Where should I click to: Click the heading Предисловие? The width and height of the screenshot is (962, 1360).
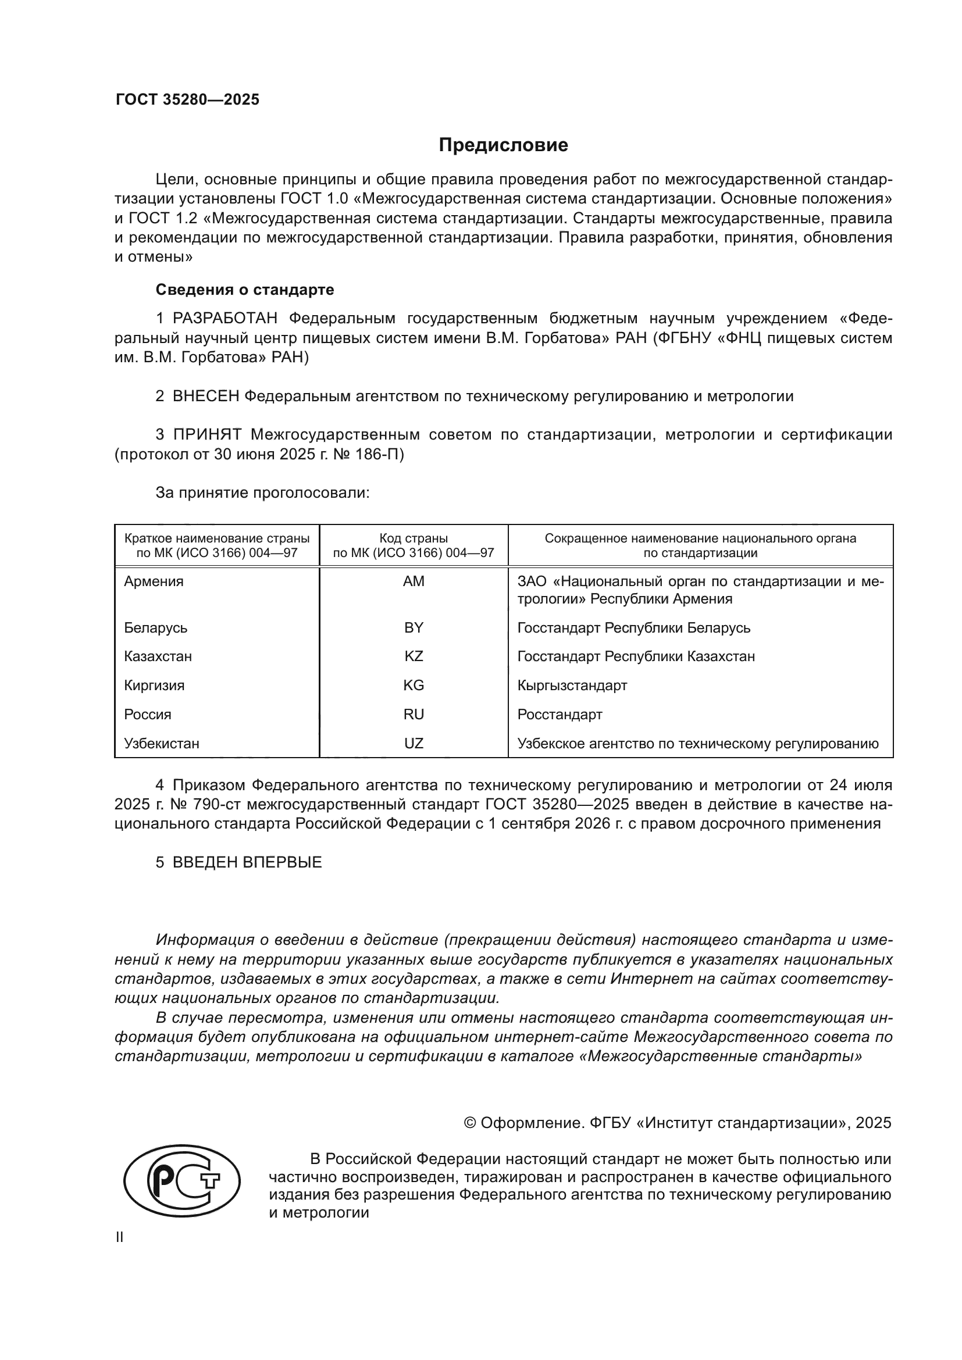click(x=503, y=145)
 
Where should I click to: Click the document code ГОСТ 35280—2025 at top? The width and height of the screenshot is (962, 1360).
click(x=187, y=99)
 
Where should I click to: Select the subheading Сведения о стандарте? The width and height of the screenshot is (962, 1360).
click(x=245, y=290)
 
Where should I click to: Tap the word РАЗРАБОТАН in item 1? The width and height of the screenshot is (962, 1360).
click(x=225, y=319)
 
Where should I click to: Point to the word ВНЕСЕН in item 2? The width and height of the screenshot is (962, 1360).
click(x=205, y=397)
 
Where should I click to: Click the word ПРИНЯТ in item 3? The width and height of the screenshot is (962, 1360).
click(x=207, y=435)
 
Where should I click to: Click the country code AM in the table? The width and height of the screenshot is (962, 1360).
click(x=414, y=581)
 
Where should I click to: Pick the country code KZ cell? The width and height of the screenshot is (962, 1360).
click(x=414, y=656)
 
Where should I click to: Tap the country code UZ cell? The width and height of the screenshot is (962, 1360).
click(x=414, y=744)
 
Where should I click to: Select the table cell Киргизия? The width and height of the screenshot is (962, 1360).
click(x=154, y=686)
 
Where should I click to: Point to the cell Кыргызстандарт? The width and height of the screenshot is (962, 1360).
click(x=572, y=686)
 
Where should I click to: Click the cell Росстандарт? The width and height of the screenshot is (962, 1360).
click(x=559, y=715)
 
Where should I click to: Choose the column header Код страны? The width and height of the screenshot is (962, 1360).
click(x=414, y=538)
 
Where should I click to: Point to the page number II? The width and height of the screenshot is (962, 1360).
click(x=120, y=1237)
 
